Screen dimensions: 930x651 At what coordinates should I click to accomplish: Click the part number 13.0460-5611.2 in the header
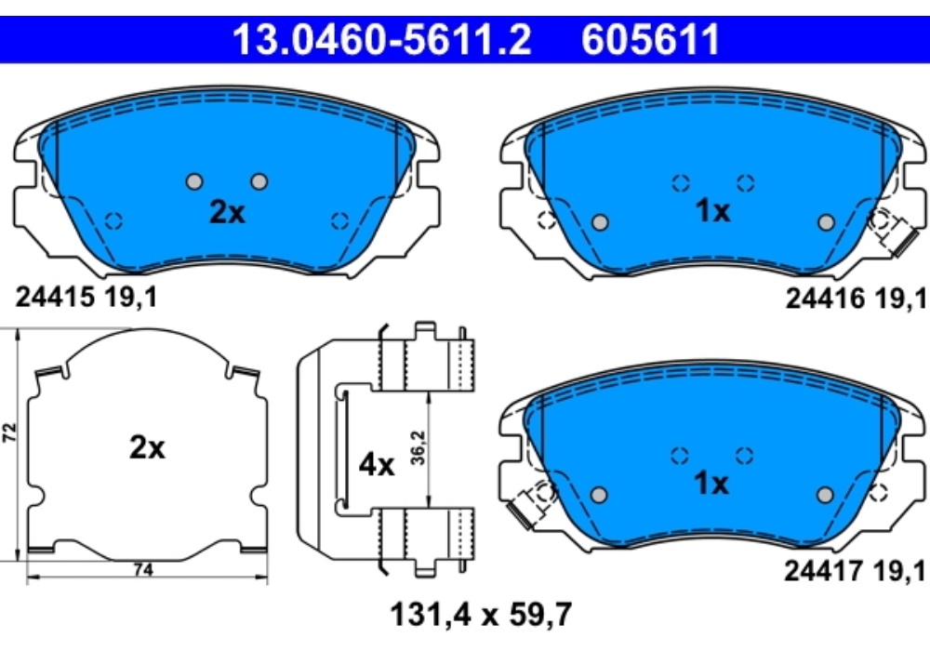[381, 40]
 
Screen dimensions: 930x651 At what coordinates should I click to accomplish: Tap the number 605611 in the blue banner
[651, 40]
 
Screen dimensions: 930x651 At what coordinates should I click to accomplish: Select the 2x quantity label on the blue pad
[227, 212]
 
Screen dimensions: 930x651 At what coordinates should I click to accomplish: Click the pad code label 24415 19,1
[86, 297]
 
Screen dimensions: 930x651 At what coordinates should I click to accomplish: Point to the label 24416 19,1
[856, 299]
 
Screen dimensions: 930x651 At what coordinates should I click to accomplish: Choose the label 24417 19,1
[855, 571]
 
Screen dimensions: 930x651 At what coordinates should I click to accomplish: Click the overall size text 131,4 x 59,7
[481, 614]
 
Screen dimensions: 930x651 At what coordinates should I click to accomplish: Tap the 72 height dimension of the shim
[9, 432]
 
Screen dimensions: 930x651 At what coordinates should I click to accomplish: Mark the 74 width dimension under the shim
[143, 570]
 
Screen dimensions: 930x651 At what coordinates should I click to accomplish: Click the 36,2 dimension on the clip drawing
[418, 447]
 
